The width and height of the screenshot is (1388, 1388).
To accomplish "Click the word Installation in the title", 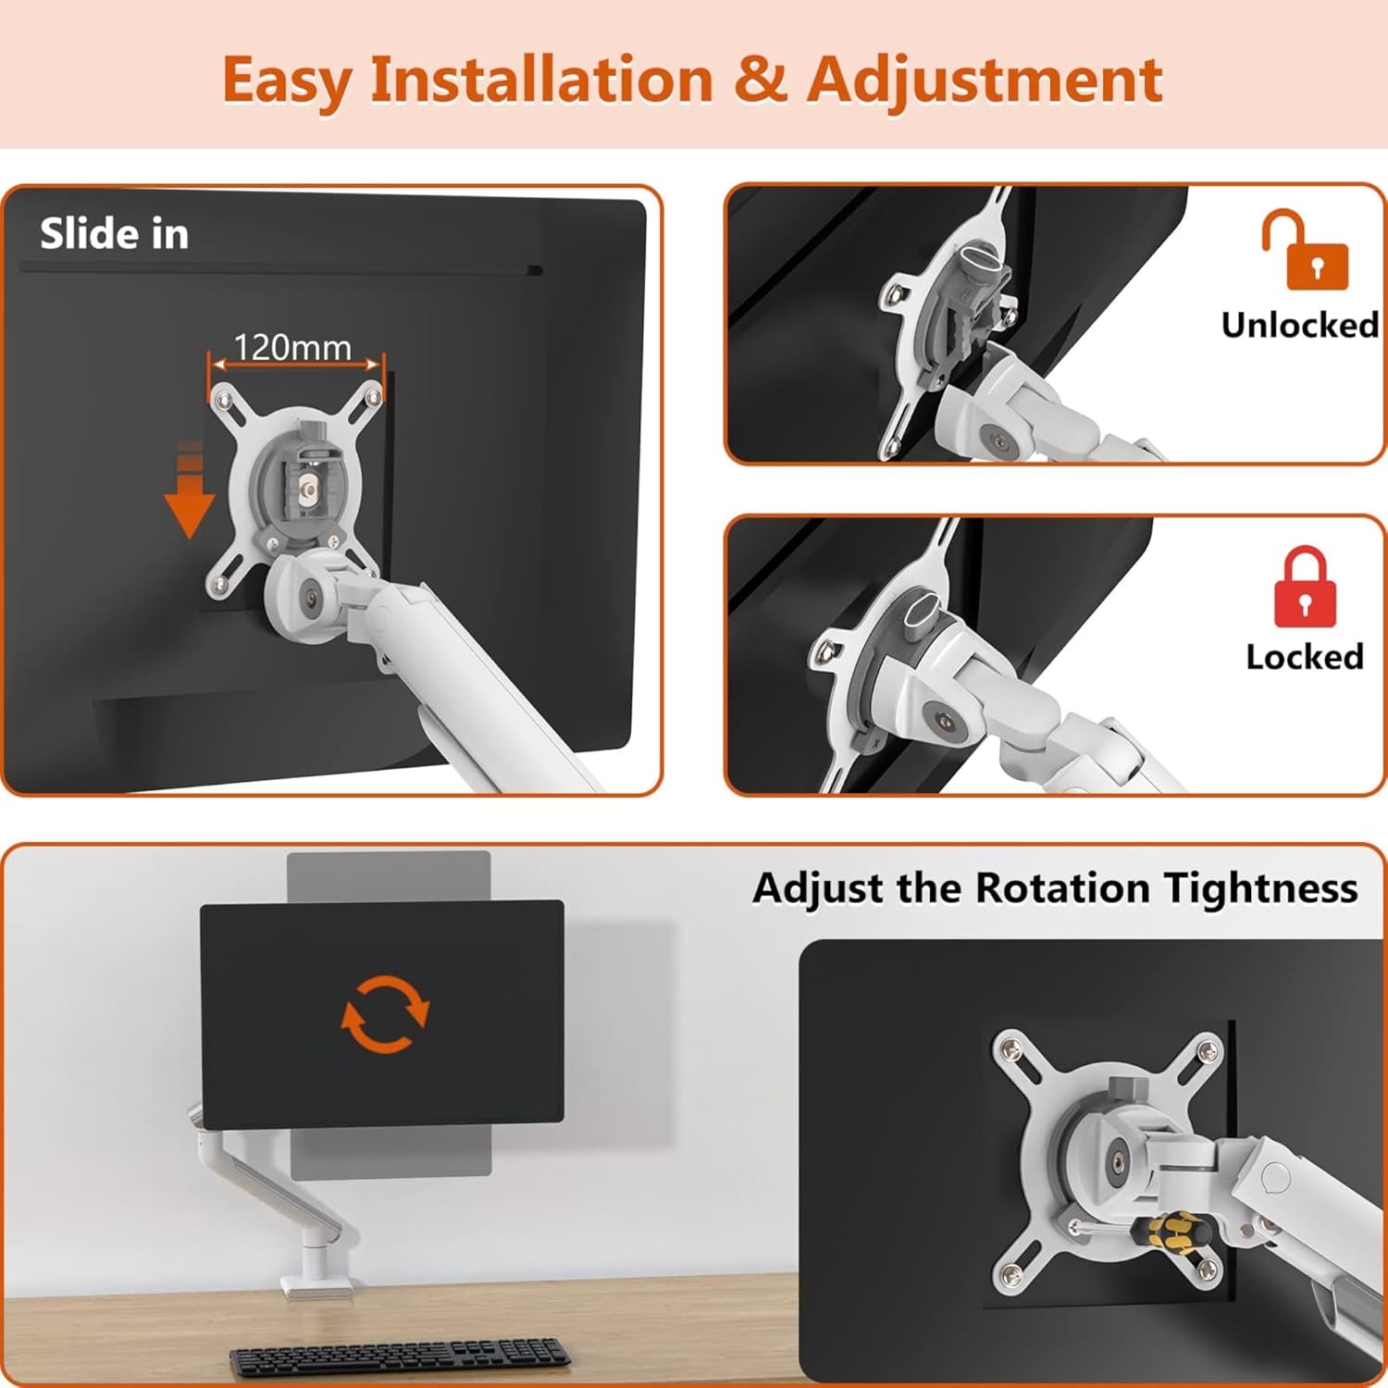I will coord(541,80).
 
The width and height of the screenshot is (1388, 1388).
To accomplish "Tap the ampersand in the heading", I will coord(760,80).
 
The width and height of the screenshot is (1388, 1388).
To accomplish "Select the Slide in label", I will coord(114,234).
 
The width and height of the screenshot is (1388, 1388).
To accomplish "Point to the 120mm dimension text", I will coord(292,348).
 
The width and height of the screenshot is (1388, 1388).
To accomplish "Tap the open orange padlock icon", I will coord(1305,250).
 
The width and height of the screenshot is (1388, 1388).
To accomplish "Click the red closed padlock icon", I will coord(1305,589).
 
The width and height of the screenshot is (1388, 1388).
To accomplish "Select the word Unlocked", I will coord(1299,325).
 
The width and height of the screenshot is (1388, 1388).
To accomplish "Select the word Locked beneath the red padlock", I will coord(1304,656).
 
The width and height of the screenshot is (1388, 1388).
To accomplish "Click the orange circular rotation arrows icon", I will coord(385,1014).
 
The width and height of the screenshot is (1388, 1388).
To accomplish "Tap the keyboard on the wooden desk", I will coord(400,1357).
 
